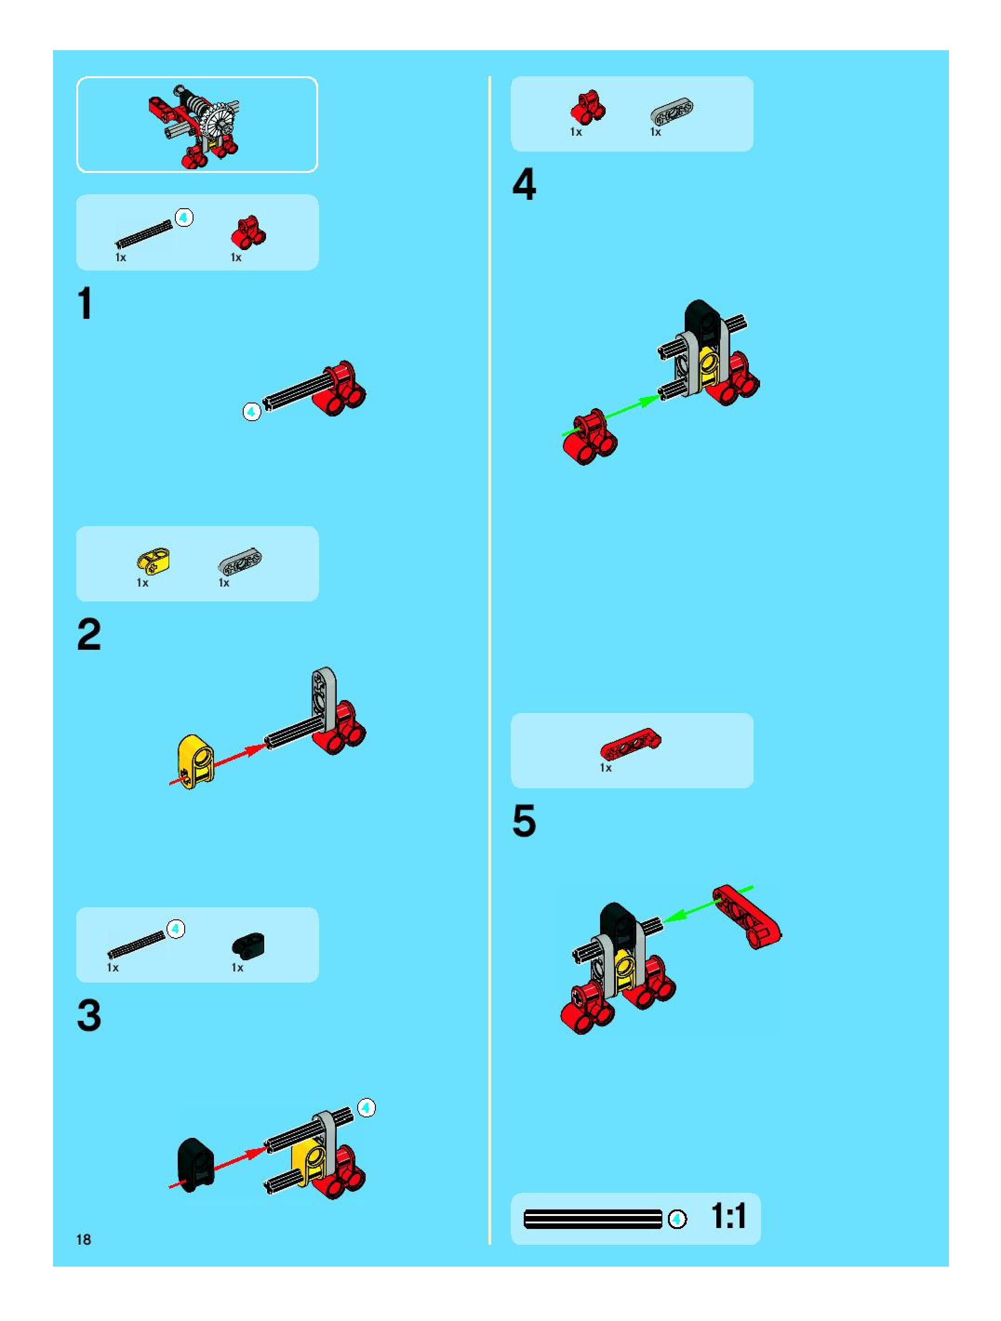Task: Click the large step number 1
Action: [86, 304]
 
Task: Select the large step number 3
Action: [89, 1015]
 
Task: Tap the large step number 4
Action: [524, 185]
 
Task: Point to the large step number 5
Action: [524, 821]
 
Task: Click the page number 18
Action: [84, 1240]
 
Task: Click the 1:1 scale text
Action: [728, 1216]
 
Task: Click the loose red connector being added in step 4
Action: [589, 436]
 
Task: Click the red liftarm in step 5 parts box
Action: [630, 744]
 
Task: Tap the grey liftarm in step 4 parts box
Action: [672, 113]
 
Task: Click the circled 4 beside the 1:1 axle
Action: [677, 1219]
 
